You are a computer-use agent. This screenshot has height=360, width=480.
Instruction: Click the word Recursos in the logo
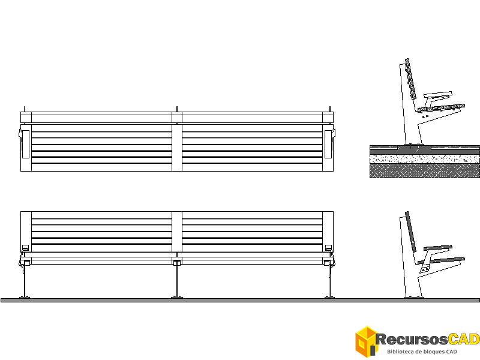[x=412, y=339]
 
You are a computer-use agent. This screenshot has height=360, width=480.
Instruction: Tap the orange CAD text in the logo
[x=464, y=339]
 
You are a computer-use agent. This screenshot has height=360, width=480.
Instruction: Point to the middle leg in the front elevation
[x=177, y=281]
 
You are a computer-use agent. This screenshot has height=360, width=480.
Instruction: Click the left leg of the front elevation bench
[x=25, y=281]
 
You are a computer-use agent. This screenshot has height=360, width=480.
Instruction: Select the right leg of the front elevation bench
[x=329, y=281]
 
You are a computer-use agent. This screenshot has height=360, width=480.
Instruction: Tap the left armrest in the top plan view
[x=26, y=144]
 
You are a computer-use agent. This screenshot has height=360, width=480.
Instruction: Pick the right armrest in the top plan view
[x=328, y=144]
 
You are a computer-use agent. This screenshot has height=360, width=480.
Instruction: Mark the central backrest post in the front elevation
[x=177, y=232]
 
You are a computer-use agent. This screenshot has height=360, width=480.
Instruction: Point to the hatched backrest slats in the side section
[x=411, y=79]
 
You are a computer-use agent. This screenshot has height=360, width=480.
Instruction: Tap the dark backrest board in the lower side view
[x=411, y=232]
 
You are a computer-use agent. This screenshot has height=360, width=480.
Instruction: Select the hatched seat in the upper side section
[x=442, y=108]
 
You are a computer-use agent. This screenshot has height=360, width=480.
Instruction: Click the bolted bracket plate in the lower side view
[x=425, y=269]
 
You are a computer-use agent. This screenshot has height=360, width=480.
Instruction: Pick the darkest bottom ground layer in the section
[x=425, y=170]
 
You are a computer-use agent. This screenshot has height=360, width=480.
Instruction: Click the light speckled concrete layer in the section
[x=425, y=159]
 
